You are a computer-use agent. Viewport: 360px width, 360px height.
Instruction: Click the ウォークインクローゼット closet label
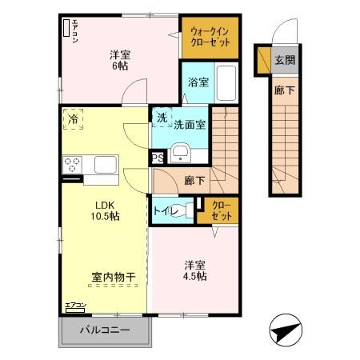tap(209, 38)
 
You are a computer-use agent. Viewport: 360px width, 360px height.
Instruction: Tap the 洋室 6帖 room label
tap(119, 59)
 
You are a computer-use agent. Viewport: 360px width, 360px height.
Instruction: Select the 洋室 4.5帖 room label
tap(195, 270)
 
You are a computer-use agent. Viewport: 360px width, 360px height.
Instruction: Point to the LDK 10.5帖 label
tap(104, 210)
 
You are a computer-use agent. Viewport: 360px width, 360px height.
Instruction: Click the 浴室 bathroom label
tap(197, 82)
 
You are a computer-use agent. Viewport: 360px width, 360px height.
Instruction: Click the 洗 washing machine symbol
tap(162, 117)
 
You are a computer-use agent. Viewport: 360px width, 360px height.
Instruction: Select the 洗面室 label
tap(190, 125)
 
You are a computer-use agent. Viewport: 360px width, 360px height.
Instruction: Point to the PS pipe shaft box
tap(158, 158)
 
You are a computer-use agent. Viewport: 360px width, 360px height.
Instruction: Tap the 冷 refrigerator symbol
tap(74, 119)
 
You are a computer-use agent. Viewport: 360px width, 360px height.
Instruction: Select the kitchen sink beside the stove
tap(106, 166)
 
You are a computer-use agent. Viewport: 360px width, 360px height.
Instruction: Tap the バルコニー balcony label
tap(104, 330)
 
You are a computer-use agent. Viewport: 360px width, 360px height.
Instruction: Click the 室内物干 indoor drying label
tap(113, 277)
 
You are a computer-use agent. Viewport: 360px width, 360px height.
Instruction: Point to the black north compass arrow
tap(286, 331)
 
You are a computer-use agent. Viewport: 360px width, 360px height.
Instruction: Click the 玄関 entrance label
tap(284, 59)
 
